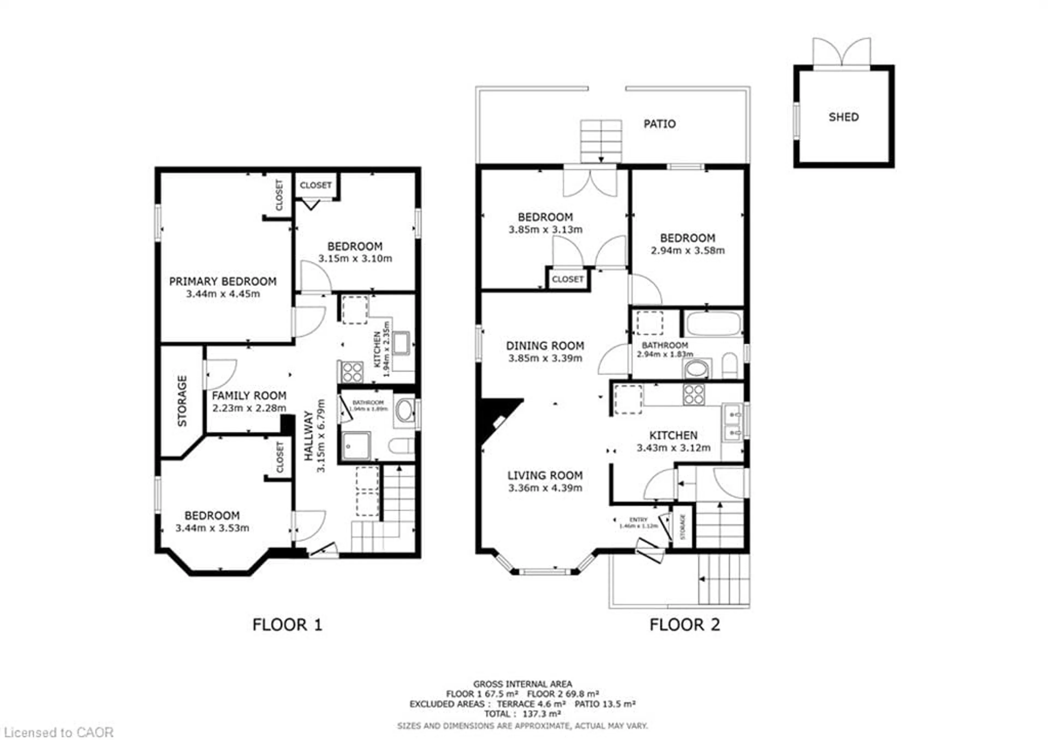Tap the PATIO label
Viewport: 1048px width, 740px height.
pyautogui.click(x=659, y=124)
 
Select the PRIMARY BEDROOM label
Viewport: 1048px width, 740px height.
pyautogui.click(x=223, y=281)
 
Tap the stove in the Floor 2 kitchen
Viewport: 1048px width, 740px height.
pyautogui.click(x=693, y=394)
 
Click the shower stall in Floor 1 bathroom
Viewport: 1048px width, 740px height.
pyautogui.click(x=356, y=445)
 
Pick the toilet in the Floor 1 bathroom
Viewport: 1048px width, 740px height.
pyautogui.click(x=402, y=445)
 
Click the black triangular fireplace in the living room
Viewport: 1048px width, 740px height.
pyautogui.click(x=493, y=418)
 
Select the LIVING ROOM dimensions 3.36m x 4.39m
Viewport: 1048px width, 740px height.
pyautogui.click(x=545, y=488)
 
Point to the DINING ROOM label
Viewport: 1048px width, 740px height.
pyautogui.click(x=545, y=346)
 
